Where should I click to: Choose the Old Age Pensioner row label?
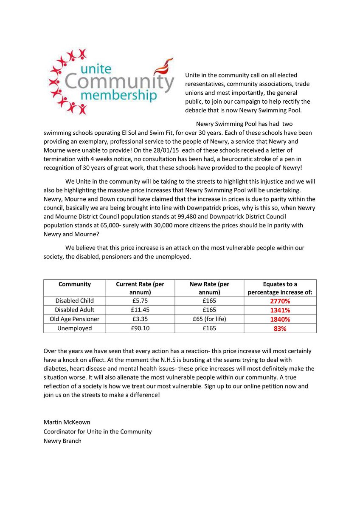[75, 319]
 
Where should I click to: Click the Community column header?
[75, 284]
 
